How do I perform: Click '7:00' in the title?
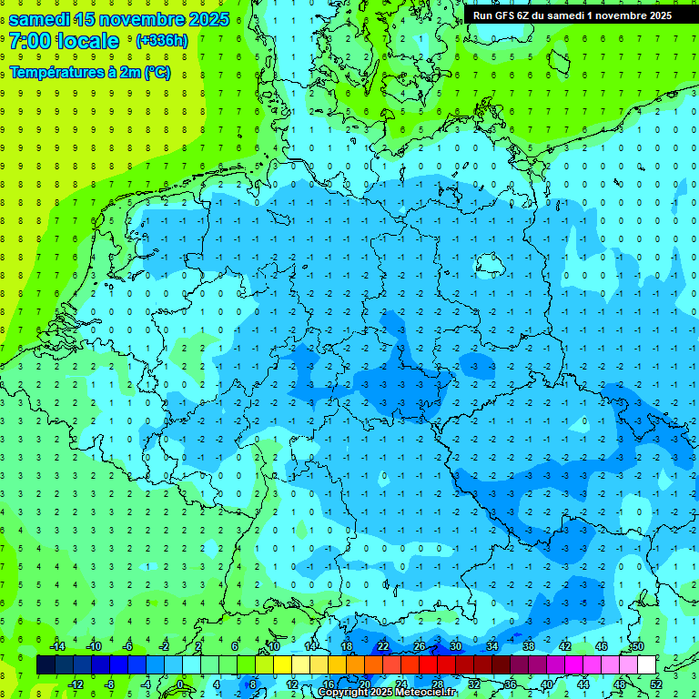30,41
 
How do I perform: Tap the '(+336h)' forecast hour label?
161,41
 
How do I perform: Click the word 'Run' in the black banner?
483,15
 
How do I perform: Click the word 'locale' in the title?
87,41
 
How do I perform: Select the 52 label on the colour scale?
656,684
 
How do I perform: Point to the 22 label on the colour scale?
383,646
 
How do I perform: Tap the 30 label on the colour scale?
456,646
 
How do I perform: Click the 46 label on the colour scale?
602,646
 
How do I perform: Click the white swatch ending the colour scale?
647,665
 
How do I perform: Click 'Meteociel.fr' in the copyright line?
427,693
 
